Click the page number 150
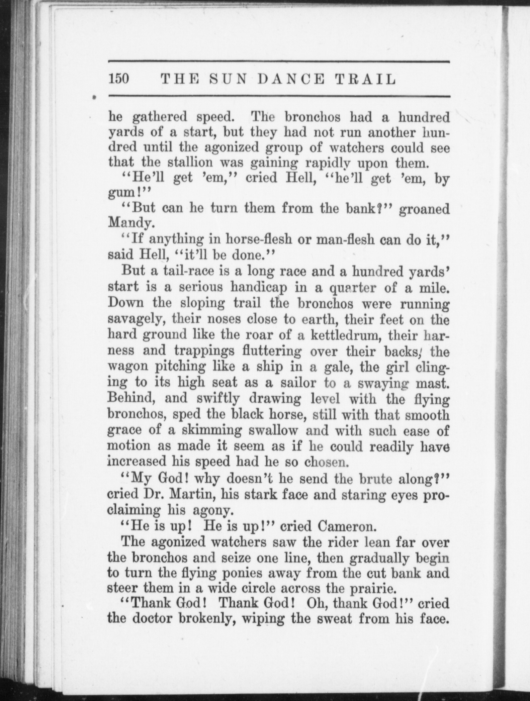coord(118,79)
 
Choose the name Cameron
coord(345,526)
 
